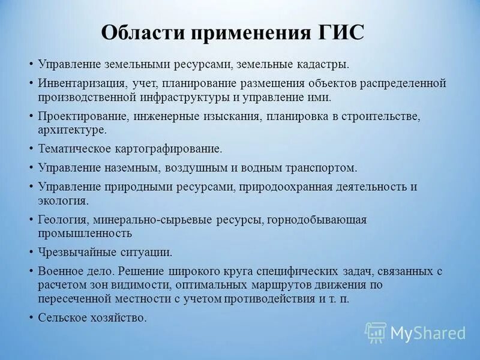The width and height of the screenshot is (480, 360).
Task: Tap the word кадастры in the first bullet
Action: coord(326,64)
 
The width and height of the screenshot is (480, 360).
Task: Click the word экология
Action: coord(63,200)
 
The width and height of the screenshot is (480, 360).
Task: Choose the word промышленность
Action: coord(85,233)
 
